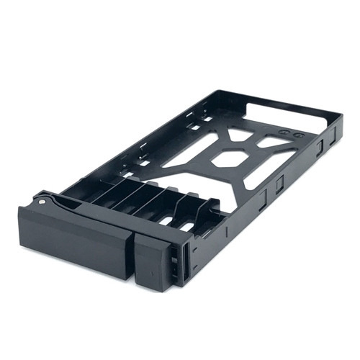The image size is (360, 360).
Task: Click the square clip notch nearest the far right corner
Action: point(318,148)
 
